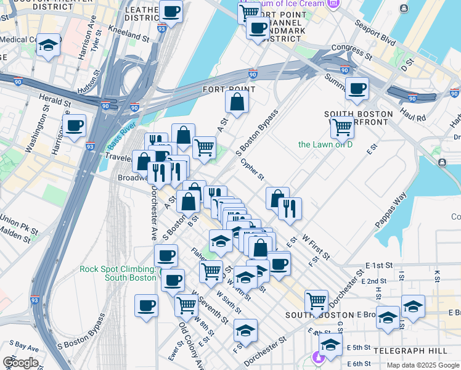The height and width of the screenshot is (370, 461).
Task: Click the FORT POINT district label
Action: (x=229, y=89)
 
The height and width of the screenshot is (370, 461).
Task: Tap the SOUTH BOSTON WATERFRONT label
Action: (x=359, y=119)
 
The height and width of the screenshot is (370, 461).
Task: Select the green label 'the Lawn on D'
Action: (x=325, y=144)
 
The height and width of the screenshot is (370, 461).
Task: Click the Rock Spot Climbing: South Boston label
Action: (x=117, y=273)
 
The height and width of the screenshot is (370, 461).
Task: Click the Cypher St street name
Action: (x=253, y=167)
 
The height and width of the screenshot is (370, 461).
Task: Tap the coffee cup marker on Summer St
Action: (x=356, y=89)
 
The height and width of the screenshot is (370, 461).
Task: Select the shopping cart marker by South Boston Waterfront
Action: (x=341, y=127)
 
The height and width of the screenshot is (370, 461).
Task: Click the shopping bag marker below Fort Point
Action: (x=237, y=102)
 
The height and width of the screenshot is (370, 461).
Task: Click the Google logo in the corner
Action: (x=20, y=363)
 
